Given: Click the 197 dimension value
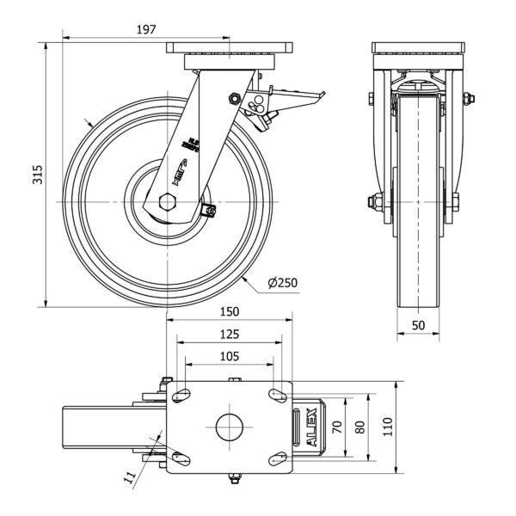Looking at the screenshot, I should click(x=146, y=29).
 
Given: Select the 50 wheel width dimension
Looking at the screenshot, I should click(x=418, y=325).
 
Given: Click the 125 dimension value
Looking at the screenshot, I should click(x=228, y=334).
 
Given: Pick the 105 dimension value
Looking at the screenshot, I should click(x=228, y=356).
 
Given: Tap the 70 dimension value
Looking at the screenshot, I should click(x=337, y=426).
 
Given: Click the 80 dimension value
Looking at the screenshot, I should click(x=360, y=426).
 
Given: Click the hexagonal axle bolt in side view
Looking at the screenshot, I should click(x=168, y=203).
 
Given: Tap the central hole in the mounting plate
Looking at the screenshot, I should click(x=228, y=427).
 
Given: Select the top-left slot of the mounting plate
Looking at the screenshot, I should click(x=181, y=395).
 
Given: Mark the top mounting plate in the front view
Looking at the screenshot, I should click(x=418, y=49).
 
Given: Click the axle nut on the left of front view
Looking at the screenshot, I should click(x=376, y=203).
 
